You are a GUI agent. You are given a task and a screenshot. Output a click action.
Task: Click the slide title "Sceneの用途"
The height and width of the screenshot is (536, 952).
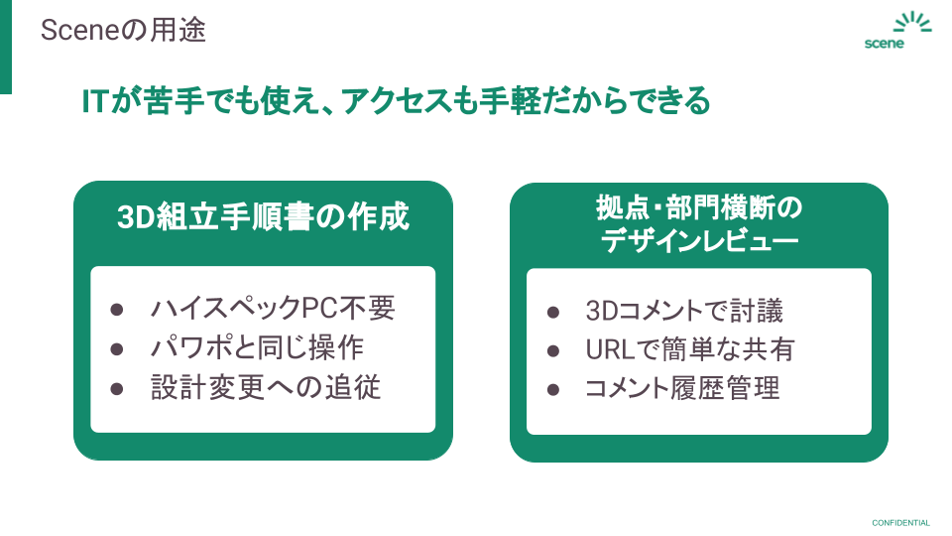pyautogui.click(x=123, y=31)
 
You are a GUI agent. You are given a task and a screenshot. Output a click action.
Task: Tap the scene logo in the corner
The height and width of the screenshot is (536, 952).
pyautogui.click(x=896, y=32)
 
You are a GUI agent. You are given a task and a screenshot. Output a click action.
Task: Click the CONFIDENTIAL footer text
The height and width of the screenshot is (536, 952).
pyautogui.click(x=900, y=523)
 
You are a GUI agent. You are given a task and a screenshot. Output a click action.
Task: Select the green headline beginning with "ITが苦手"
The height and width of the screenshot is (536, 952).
pyautogui.click(x=397, y=100)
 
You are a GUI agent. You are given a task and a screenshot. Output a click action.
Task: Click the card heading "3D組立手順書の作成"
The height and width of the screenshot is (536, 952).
pyautogui.click(x=263, y=215)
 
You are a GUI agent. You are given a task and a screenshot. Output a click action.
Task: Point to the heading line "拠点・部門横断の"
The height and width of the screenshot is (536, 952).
pyautogui.click(x=698, y=209)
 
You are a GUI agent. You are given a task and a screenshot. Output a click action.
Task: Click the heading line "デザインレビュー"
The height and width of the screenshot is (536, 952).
pyautogui.click(x=698, y=241)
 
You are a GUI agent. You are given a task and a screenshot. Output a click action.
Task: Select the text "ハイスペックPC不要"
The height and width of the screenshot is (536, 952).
pyautogui.click(x=272, y=309)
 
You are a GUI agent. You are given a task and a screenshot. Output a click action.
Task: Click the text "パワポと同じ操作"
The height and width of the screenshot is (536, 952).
pyautogui.click(x=257, y=347)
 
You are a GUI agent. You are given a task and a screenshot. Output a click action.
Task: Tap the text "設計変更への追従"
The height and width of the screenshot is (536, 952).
pyautogui.click(x=265, y=387)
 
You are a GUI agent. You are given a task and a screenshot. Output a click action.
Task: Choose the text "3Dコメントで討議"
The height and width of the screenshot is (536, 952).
pyautogui.click(x=684, y=312)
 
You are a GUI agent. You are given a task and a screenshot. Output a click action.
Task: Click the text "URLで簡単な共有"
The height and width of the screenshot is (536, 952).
pyautogui.click(x=689, y=349)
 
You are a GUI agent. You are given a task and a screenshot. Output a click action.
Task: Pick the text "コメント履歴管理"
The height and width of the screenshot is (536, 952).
pyautogui.click(x=682, y=388)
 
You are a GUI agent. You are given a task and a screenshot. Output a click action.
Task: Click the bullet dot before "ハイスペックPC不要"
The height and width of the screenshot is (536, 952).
pyautogui.click(x=117, y=310)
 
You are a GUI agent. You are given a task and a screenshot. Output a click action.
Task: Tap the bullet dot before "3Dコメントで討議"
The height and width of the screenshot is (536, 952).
pyautogui.click(x=553, y=313)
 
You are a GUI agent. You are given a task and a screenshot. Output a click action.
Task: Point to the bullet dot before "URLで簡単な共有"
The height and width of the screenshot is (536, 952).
pyautogui.click(x=553, y=350)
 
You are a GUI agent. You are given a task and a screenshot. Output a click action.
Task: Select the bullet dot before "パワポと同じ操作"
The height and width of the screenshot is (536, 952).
pyautogui.click(x=117, y=348)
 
